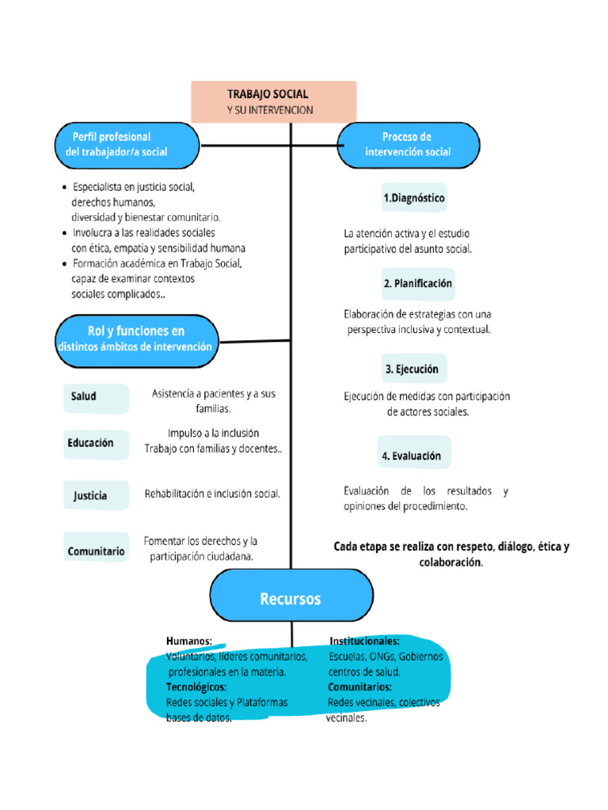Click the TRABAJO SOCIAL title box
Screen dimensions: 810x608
click(273, 101)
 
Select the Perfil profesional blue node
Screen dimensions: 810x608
click(127, 145)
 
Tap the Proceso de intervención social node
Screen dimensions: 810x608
click(408, 145)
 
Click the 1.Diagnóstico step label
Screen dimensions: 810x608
click(414, 198)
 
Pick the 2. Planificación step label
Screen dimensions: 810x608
click(418, 283)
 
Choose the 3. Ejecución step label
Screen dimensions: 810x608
click(412, 369)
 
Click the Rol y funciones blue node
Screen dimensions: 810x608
click(135, 339)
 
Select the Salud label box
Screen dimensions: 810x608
click(95, 397)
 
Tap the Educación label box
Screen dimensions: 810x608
click(95, 444)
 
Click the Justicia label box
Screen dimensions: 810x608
click(95, 496)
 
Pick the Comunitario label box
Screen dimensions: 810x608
click(96, 551)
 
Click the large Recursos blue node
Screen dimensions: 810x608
click(291, 599)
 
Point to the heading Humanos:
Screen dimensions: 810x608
click(189, 642)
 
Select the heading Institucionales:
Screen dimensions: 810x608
click(364, 642)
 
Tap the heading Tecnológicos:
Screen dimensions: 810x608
click(196, 687)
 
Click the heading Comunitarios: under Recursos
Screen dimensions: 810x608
click(360, 687)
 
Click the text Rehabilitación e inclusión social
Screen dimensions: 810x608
click(212, 494)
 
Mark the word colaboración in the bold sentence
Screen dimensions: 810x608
click(450, 562)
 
